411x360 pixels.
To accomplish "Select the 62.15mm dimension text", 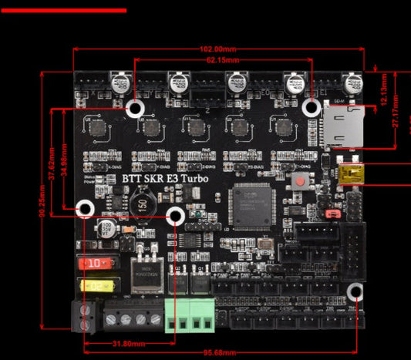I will [x=222, y=59].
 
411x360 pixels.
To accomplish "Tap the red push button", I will [x=300, y=182].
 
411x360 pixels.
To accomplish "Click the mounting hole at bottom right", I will [x=355, y=292].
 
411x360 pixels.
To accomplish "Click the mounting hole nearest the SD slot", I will [x=312, y=107].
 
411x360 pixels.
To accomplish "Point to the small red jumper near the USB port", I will [x=334, y=211].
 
